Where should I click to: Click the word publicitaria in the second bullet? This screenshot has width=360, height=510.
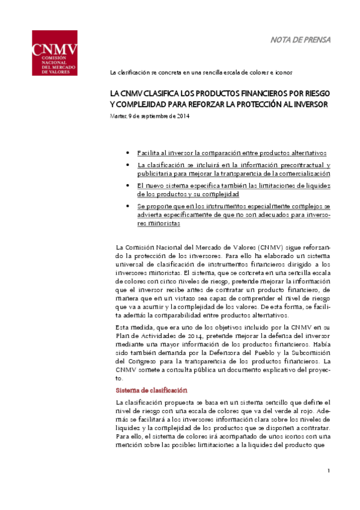coord(153,173)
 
